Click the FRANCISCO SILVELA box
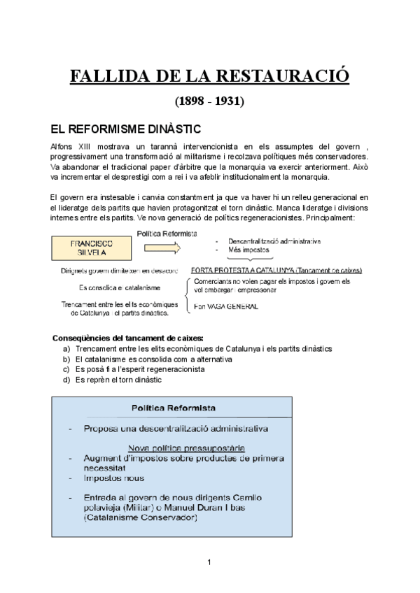point(90,248)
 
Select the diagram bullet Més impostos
point(249,250)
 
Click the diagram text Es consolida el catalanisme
point(119,287)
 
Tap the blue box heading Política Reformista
point(174,408)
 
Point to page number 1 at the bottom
point(209,562)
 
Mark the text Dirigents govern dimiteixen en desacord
point(119,270)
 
